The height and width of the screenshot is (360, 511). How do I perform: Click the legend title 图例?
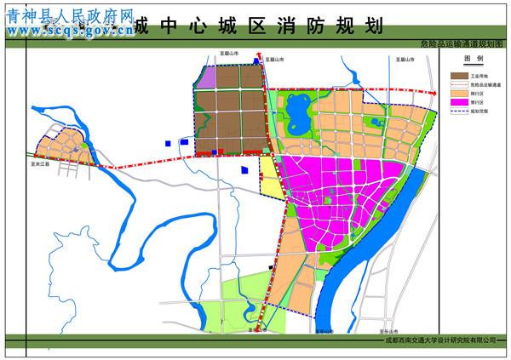coord(473,59)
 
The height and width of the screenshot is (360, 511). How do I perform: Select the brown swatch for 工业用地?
coord(458,75)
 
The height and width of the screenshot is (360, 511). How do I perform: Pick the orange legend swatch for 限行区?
coord(458,94)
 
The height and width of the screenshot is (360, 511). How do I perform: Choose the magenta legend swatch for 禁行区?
coord(458,103)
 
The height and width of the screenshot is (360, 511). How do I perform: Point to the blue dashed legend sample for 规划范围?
coord(458,111)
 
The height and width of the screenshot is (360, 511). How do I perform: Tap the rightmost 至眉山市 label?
coord(405,59)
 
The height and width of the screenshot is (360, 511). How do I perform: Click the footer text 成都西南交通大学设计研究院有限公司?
coord(438,343)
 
